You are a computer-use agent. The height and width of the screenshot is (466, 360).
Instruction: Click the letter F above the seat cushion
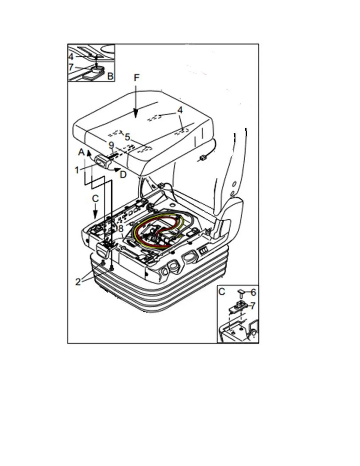[136, 78]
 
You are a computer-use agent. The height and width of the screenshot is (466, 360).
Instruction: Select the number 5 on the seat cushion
[127, 137]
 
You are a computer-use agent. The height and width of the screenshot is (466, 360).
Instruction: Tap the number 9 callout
[111, 145]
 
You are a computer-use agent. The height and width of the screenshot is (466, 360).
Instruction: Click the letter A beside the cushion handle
[81, 152]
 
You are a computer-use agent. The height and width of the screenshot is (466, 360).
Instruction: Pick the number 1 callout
[77, 170]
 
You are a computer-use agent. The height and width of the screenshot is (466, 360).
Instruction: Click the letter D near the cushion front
[123, 174]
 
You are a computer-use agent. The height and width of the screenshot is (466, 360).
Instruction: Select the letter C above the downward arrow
[95, 199]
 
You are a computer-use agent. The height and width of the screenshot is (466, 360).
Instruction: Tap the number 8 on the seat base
[121, 229]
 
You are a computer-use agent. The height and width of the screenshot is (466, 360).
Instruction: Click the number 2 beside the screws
[78, 282]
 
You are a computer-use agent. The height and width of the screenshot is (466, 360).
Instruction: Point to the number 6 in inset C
[253, 292]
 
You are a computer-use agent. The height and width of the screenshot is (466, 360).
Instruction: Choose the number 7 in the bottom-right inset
[253, 306]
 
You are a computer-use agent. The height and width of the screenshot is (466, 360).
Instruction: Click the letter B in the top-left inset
[110, 76]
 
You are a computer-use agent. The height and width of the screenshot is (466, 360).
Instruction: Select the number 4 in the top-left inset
[71, 56]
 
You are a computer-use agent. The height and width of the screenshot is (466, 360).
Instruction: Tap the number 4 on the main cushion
[180, 110]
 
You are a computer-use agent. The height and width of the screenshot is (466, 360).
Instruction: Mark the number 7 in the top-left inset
[71, 67]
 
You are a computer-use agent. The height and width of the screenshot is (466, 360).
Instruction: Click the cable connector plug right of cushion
[203, 158]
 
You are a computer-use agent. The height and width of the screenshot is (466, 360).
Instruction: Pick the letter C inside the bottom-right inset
[222, 292]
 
